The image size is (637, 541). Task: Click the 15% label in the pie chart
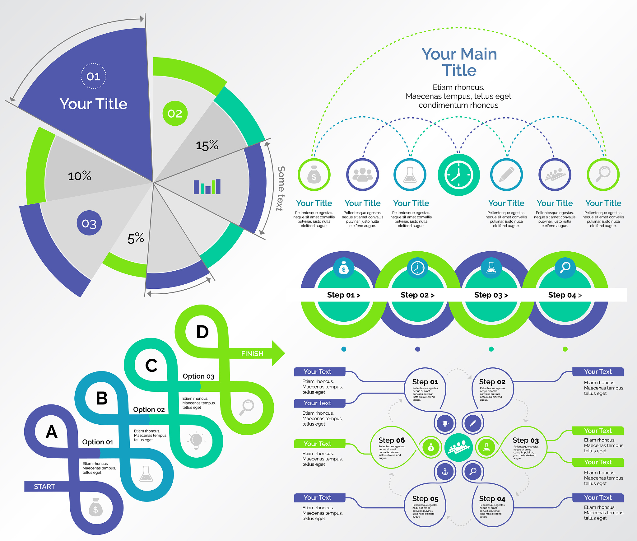click(x=207, y=145)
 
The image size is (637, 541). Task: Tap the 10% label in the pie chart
click(x=80, y=176)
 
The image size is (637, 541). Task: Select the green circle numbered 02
click(x=175, y=114)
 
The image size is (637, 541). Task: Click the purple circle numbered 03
click(x=89, y=223)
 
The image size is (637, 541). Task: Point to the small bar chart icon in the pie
click(x=207, y=187)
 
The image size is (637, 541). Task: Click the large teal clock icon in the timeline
click(x=458, y=175)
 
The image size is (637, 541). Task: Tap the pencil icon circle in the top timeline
click(x=506, y=175)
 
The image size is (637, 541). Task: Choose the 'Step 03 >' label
click(x=491, y=295)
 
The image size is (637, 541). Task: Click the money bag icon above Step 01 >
click(x=344, y=268)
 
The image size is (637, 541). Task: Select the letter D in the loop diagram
click(x=202, y=332)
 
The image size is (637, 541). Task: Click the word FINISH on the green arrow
click(x=252, y=353)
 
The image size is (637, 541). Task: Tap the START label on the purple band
click(x=44, y=487)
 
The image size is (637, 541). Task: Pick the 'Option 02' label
click(x=149, y=409)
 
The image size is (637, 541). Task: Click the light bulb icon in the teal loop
click(x=196, y=441)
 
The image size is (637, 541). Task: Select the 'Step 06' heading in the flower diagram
click(x=391, y=440)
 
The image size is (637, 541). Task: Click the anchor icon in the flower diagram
click(x=445, y=472)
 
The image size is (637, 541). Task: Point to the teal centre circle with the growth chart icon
click(x=458, y=448)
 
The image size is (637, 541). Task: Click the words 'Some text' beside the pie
click(x=281, y=189)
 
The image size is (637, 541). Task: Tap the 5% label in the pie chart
click(x=136, y=238)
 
